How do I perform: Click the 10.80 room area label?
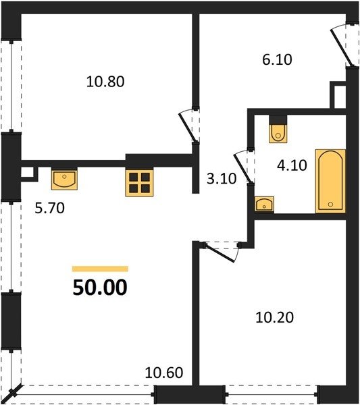[105, 82]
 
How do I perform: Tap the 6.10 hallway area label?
[277, 59]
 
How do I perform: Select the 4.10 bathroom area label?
[292, 165]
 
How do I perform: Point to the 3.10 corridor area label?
[222, 178]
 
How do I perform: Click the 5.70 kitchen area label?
[49, 208]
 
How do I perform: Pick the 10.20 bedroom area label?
[274, 317]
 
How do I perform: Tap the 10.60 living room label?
[164, 373]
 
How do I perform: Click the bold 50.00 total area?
[100, 288]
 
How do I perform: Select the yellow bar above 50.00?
[100, 269]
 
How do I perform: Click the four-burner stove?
[139, 182]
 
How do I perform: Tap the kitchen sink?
[64, 178]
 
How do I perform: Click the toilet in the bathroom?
[278, 133]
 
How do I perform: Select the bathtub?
[330, 181]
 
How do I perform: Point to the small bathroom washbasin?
[264, 205]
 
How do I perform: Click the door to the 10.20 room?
[220, 252]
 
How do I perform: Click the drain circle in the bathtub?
[330, 204]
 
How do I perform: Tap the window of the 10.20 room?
[272, 394]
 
